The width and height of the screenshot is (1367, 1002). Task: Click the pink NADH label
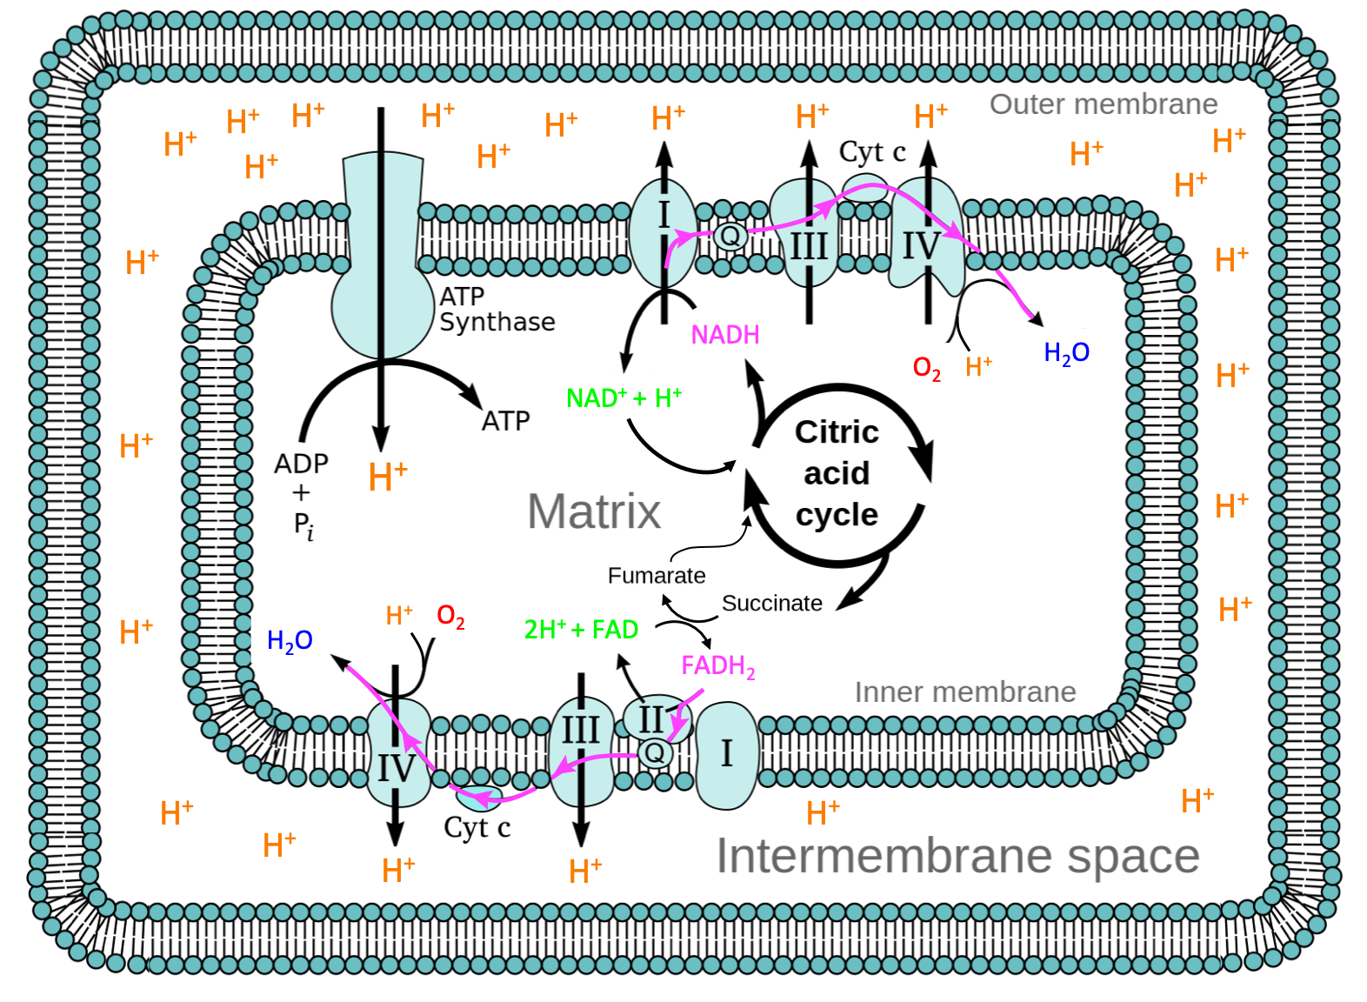[725, 335]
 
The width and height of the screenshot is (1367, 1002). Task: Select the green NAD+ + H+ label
[623, 398]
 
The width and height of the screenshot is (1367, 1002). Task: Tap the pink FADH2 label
[717, 666]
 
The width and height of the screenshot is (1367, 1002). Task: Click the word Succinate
[771, 604]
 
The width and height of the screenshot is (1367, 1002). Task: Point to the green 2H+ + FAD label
[581, 629]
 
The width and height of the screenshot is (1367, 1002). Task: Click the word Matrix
[594, 511]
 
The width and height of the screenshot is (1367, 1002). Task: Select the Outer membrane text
[1104, 104]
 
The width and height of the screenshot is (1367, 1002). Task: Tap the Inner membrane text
[965, 692]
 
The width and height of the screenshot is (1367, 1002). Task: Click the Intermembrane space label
[957, 856]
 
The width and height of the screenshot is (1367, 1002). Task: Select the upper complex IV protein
[925, 235]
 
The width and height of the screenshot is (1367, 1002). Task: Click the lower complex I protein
[727, 755]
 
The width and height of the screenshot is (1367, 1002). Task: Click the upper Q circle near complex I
[730, 236]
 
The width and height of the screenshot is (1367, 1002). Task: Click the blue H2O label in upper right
[1066, 352]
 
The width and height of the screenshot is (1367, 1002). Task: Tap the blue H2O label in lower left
[290, 640]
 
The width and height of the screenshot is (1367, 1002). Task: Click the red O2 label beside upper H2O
[926, 367]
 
